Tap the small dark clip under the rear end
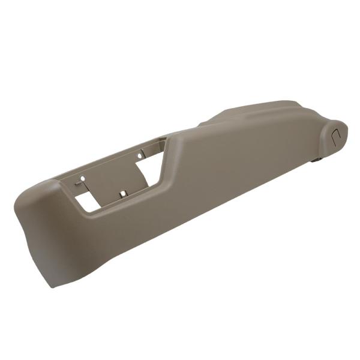coord(317,159)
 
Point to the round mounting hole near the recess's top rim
coord(140,155)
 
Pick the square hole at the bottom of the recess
coord(123,193)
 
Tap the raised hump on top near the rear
coord(264,111)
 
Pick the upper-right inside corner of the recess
coord(163,140)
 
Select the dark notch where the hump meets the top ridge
coord(201,124)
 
